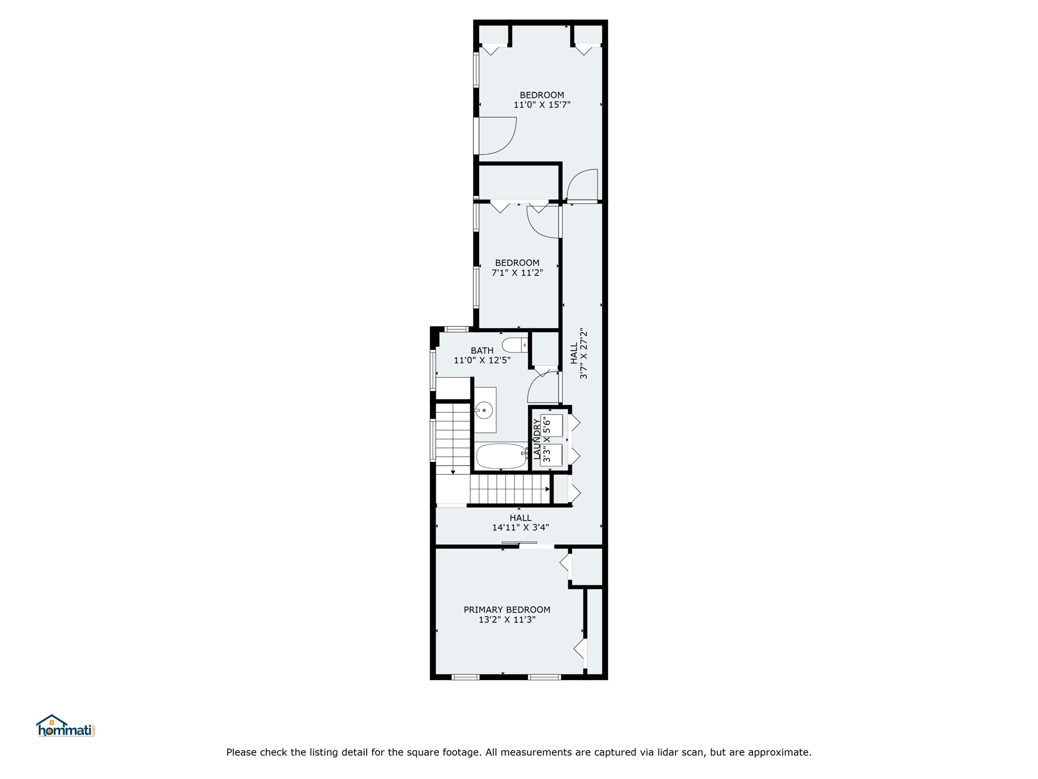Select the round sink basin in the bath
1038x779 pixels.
(x=484, y=410)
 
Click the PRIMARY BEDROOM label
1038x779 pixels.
(x=507, y=610)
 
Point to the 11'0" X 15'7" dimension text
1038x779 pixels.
(x=542, y=105)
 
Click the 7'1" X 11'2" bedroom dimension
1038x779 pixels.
(x=517, y=272)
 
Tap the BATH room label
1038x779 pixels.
(x=482, y=350)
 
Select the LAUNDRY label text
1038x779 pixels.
(x=537, y=439)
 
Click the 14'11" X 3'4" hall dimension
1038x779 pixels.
(x=521, y=527)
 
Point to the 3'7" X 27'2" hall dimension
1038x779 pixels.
(x=583, y=353)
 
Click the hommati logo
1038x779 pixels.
(x=65, y=726)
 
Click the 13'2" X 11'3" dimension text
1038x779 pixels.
(x=507, y=620)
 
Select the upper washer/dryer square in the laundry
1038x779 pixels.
(x=551, y=426)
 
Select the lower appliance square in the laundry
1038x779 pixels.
(x=551, y=455)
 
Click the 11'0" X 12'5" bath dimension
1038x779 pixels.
(x=482, y=361)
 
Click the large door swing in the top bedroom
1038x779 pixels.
(x=507, y=144)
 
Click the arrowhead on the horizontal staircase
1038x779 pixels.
(x=548, y=489)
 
